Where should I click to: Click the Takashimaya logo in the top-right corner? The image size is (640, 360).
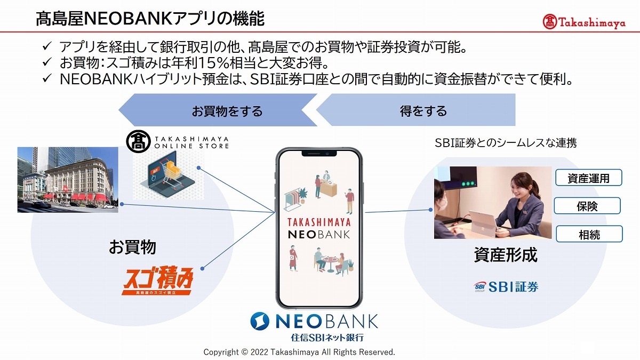click(584, 22)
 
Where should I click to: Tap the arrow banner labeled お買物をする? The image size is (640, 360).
click(218, 110)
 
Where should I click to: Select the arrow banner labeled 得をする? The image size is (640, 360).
click(416, 110)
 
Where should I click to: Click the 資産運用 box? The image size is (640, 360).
click(589, 178)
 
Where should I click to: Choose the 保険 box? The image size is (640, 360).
click(587, 206)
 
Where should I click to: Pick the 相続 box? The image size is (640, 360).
click(589, 234)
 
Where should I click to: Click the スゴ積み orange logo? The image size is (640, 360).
click(158, 281)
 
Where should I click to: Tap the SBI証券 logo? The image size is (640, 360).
click(506, 286)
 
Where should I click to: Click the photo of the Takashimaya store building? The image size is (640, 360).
click(68, 180)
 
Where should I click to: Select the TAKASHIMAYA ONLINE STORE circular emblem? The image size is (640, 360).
click(138, 142)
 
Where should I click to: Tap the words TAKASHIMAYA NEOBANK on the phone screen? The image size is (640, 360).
click(319, 228)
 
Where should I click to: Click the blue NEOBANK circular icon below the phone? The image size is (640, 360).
click(260, 321)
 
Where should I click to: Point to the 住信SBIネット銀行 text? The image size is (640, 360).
click(327, 338)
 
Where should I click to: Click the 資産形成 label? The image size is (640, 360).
click(506, 254)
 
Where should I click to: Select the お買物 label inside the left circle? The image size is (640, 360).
click(133, 247)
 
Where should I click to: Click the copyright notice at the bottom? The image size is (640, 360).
click(299, 352)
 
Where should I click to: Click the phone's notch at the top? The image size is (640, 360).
click(319, 154)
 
